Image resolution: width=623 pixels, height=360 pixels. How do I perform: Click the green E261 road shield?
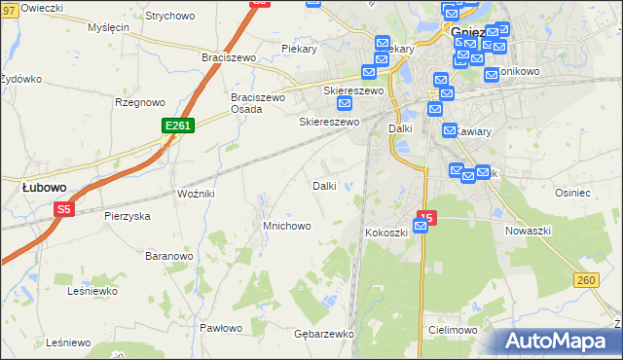[179, 126]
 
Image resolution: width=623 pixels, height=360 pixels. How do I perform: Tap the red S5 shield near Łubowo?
[64, 208]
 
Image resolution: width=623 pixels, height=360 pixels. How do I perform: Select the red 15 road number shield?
[425, 218]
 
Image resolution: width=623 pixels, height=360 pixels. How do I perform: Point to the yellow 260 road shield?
[585, 280]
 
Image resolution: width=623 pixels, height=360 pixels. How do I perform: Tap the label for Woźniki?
[196, 194]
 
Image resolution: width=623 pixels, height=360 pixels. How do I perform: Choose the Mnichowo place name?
[286, 226]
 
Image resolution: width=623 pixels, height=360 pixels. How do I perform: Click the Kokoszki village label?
[385, 233]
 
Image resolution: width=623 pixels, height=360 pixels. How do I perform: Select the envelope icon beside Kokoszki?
[420, 227]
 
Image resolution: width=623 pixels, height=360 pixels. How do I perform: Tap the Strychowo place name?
[170, 17]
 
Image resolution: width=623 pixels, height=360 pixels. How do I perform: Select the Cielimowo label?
[452, 330]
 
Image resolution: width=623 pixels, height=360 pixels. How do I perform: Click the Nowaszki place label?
[529, 231]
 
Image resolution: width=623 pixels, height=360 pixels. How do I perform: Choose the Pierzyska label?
[127, 216]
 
